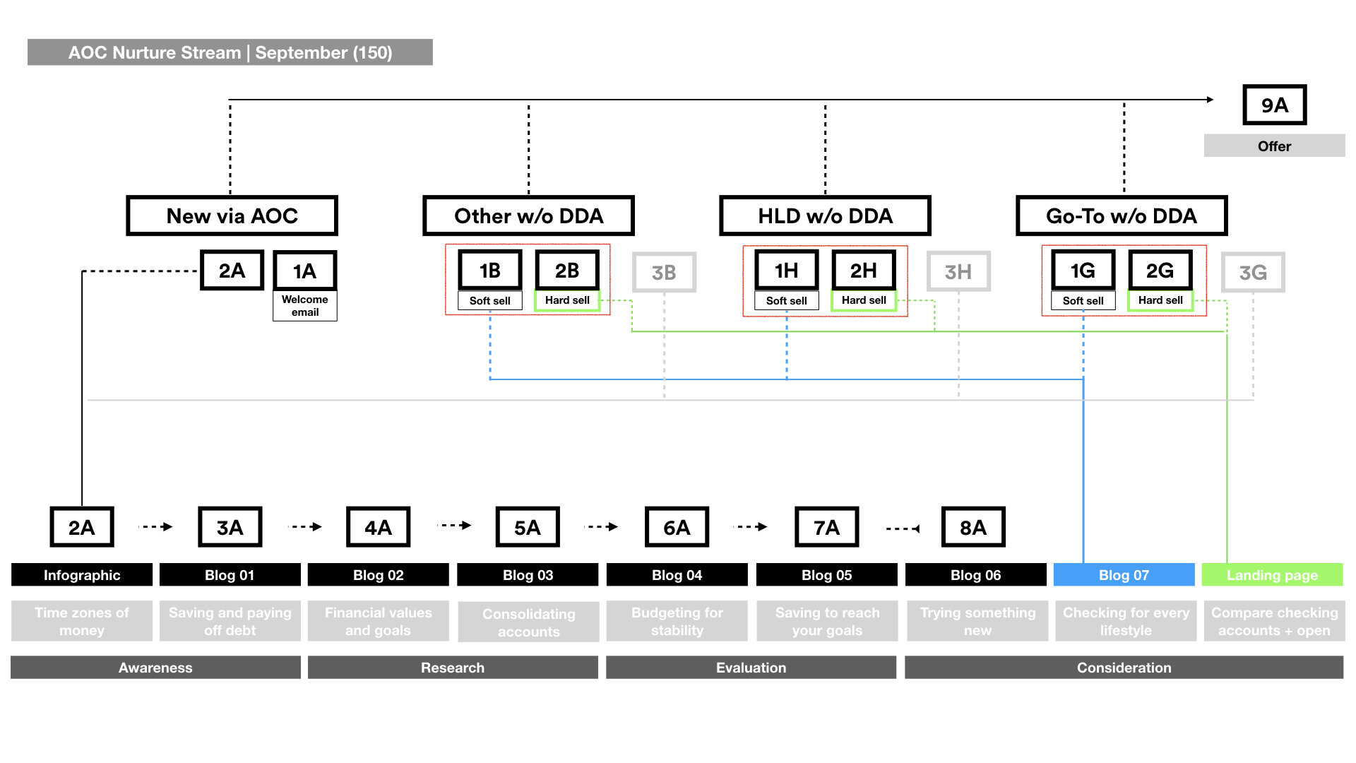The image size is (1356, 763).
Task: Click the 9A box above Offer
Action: pos(1274,105)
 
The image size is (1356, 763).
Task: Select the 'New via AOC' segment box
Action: pos(232,215)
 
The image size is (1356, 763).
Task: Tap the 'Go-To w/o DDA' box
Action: pos(1121,215)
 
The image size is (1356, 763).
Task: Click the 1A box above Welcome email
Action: pos(304,271)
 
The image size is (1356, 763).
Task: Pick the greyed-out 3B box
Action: pos(664,272)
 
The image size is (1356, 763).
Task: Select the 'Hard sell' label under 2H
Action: pos(863,300)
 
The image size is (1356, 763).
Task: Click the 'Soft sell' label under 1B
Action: pos(489,301)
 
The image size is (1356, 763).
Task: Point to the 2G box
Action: pos(1160,270)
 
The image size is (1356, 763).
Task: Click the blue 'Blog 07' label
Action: pos(1124,575)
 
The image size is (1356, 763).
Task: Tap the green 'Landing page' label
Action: pos(1272,575)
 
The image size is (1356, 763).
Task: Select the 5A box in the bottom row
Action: pos(527,527)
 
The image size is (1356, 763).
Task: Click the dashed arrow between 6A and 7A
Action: pos(751,527)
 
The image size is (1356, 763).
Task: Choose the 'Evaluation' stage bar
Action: pos(751,668)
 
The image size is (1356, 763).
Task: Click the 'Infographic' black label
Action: pos(82,575)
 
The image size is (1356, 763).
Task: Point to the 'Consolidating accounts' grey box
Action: pos(528,622)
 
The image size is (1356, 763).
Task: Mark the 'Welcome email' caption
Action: pos(304,306)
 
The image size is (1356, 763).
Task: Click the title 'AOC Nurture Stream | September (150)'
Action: pos(230,52)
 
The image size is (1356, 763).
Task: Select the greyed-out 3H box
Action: pos(958,271)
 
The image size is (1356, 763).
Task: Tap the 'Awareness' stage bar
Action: pos(155,668)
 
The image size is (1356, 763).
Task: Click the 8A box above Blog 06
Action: pos(973,527)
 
